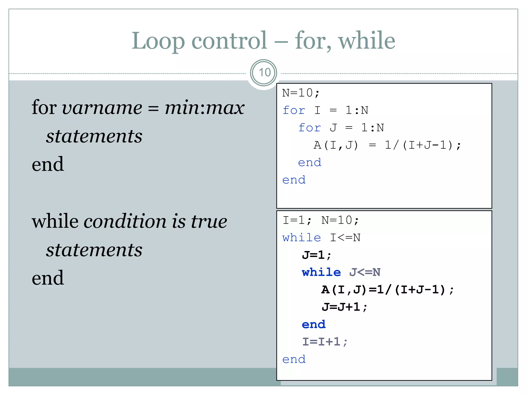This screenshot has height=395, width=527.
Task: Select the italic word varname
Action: [x=102, y=107]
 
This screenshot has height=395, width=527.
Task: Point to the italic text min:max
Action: [x=204, y=107]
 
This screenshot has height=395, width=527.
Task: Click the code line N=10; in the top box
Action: [x=301, y=93]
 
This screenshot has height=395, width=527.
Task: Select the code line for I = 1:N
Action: [x=325, y=110]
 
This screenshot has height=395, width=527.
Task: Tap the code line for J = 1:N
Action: [x=341, y=128]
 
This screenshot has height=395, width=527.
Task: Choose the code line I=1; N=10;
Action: [x=320, y=220]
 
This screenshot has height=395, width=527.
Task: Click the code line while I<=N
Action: [x=321, y=238]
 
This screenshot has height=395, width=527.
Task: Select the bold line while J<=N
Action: [x=341, y=272]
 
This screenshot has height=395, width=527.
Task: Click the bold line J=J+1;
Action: [x=345, y=307]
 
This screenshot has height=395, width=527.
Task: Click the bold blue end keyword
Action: [x=314, y=325]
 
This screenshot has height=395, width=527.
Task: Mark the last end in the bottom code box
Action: [x=294, y=360]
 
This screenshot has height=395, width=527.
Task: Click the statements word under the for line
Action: [x=94, y=136]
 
